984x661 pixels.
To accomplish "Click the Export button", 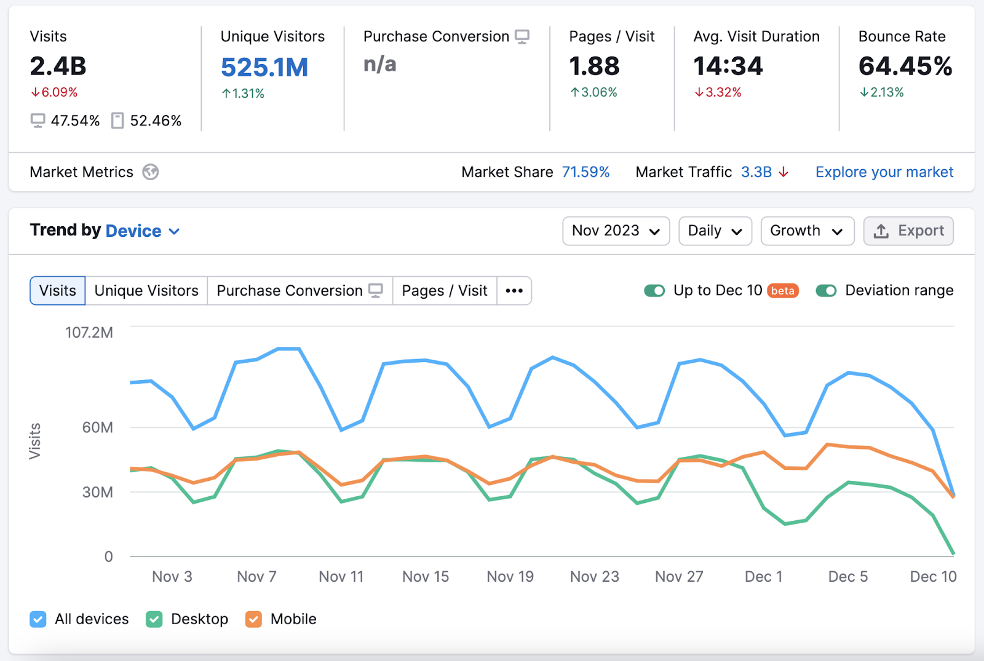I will [908, 231].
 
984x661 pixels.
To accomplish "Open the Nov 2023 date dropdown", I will [616, 231].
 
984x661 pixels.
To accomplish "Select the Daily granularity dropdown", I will [715, 231].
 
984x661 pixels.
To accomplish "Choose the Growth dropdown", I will [807, 231].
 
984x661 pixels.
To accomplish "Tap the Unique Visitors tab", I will [146, 291].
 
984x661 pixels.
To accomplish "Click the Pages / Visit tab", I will [444, 291].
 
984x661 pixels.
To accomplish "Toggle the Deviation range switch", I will [826, 291].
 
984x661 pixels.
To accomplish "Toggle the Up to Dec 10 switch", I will [654, 291].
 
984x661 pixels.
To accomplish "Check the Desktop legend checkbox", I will [154, 619].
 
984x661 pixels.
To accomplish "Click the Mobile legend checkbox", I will [253, 619].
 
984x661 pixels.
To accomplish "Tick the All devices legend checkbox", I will [38, 619].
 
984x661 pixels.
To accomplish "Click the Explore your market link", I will [884, 172].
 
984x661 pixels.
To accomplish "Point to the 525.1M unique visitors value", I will [264, 68].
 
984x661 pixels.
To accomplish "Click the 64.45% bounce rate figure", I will [905, 66].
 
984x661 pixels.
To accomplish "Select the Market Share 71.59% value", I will [585, 172].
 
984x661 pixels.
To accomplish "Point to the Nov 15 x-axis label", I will [426, 577].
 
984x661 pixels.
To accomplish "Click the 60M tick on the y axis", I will [98, 427].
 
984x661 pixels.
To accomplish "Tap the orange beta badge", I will [783, 291].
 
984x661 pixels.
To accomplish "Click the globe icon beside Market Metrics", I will [151, 172].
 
